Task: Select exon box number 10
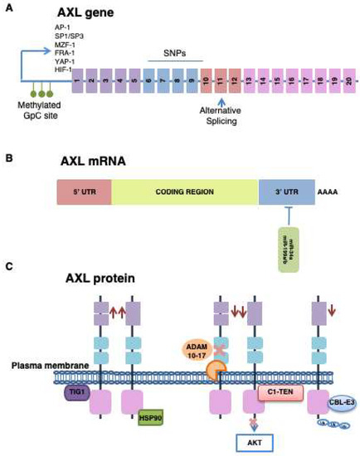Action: pos(205,84)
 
